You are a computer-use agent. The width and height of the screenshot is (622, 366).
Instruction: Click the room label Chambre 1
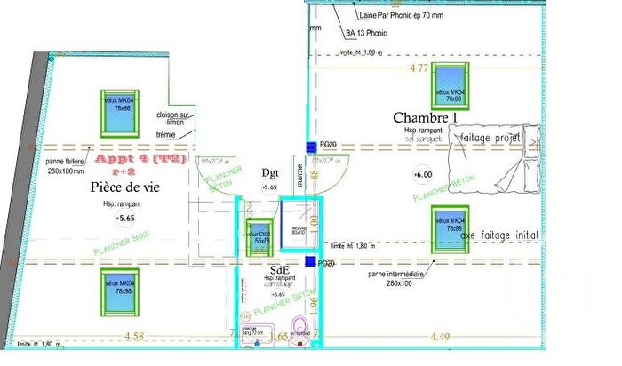pyautogui.click(x=425, y=118)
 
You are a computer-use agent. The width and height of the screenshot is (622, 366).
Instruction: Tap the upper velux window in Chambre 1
pyautogui.click(x=450, y=86)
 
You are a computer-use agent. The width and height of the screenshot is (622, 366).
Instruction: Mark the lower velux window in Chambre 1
pyautogui.click(x=450, y=228)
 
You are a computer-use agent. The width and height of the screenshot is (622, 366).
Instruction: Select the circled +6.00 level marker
pyautogui.click(x=422, y=175)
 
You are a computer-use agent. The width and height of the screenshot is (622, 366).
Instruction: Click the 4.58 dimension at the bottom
pyautogui.click(x=134, y=336)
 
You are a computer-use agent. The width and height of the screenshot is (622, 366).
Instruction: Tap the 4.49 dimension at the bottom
pyautogui.click(x=442, y=336)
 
